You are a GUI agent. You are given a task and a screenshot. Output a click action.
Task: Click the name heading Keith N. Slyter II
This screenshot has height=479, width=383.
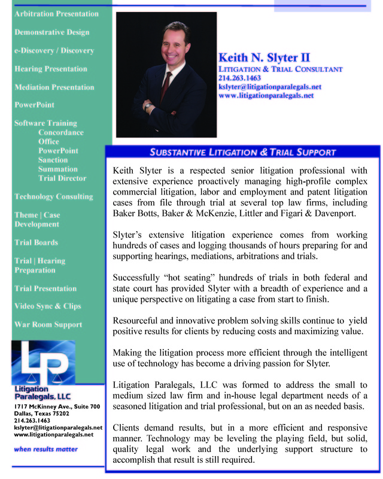(x=264, y=58)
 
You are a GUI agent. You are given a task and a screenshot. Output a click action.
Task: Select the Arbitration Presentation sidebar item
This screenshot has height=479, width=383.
(x=56, y=14)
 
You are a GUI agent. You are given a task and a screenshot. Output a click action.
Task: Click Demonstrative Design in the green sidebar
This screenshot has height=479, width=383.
(x=51, y=32)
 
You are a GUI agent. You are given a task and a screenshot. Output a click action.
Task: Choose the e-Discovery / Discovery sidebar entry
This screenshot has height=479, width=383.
(x=54, y=50)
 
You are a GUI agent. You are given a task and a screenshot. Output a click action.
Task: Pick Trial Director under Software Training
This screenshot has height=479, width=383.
(x=62, y=178)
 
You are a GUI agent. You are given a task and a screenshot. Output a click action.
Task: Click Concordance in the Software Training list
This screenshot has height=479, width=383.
(x=61, y=132)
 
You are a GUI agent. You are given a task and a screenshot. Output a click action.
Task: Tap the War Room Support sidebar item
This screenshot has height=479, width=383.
(x=48, y=325)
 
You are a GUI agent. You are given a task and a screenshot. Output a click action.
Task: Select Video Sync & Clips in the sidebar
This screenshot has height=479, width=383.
(x=47, y=306)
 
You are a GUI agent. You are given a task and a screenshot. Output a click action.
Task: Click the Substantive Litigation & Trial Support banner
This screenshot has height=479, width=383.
(x=242, y=152)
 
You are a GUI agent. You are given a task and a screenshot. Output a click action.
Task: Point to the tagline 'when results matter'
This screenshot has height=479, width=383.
(x=45, y=449)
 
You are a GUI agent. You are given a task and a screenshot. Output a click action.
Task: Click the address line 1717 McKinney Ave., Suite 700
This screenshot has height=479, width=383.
(x=56, y=407)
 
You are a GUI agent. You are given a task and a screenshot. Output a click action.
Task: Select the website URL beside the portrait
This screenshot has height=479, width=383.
(x=266, y=95)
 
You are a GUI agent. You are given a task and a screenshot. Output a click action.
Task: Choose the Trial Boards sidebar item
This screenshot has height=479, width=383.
(x=36, y=242)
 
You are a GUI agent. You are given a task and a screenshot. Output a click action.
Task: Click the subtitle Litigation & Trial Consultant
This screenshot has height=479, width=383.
(x=280, y=69)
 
